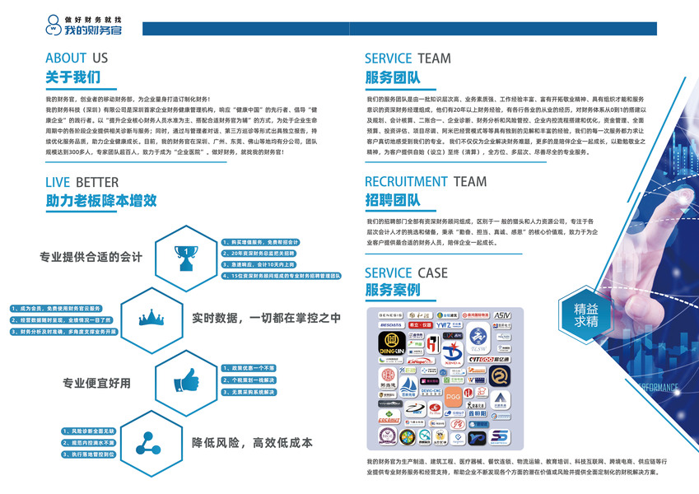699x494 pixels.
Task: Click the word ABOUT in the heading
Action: click(66, 58)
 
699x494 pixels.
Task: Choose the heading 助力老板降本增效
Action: click(100, 200)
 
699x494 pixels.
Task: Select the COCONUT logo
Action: click(390, 418)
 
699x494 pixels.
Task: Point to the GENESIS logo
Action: click(389, 315)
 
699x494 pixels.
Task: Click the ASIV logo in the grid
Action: click(502, 315)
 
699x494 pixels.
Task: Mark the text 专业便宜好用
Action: click(96, 383)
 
